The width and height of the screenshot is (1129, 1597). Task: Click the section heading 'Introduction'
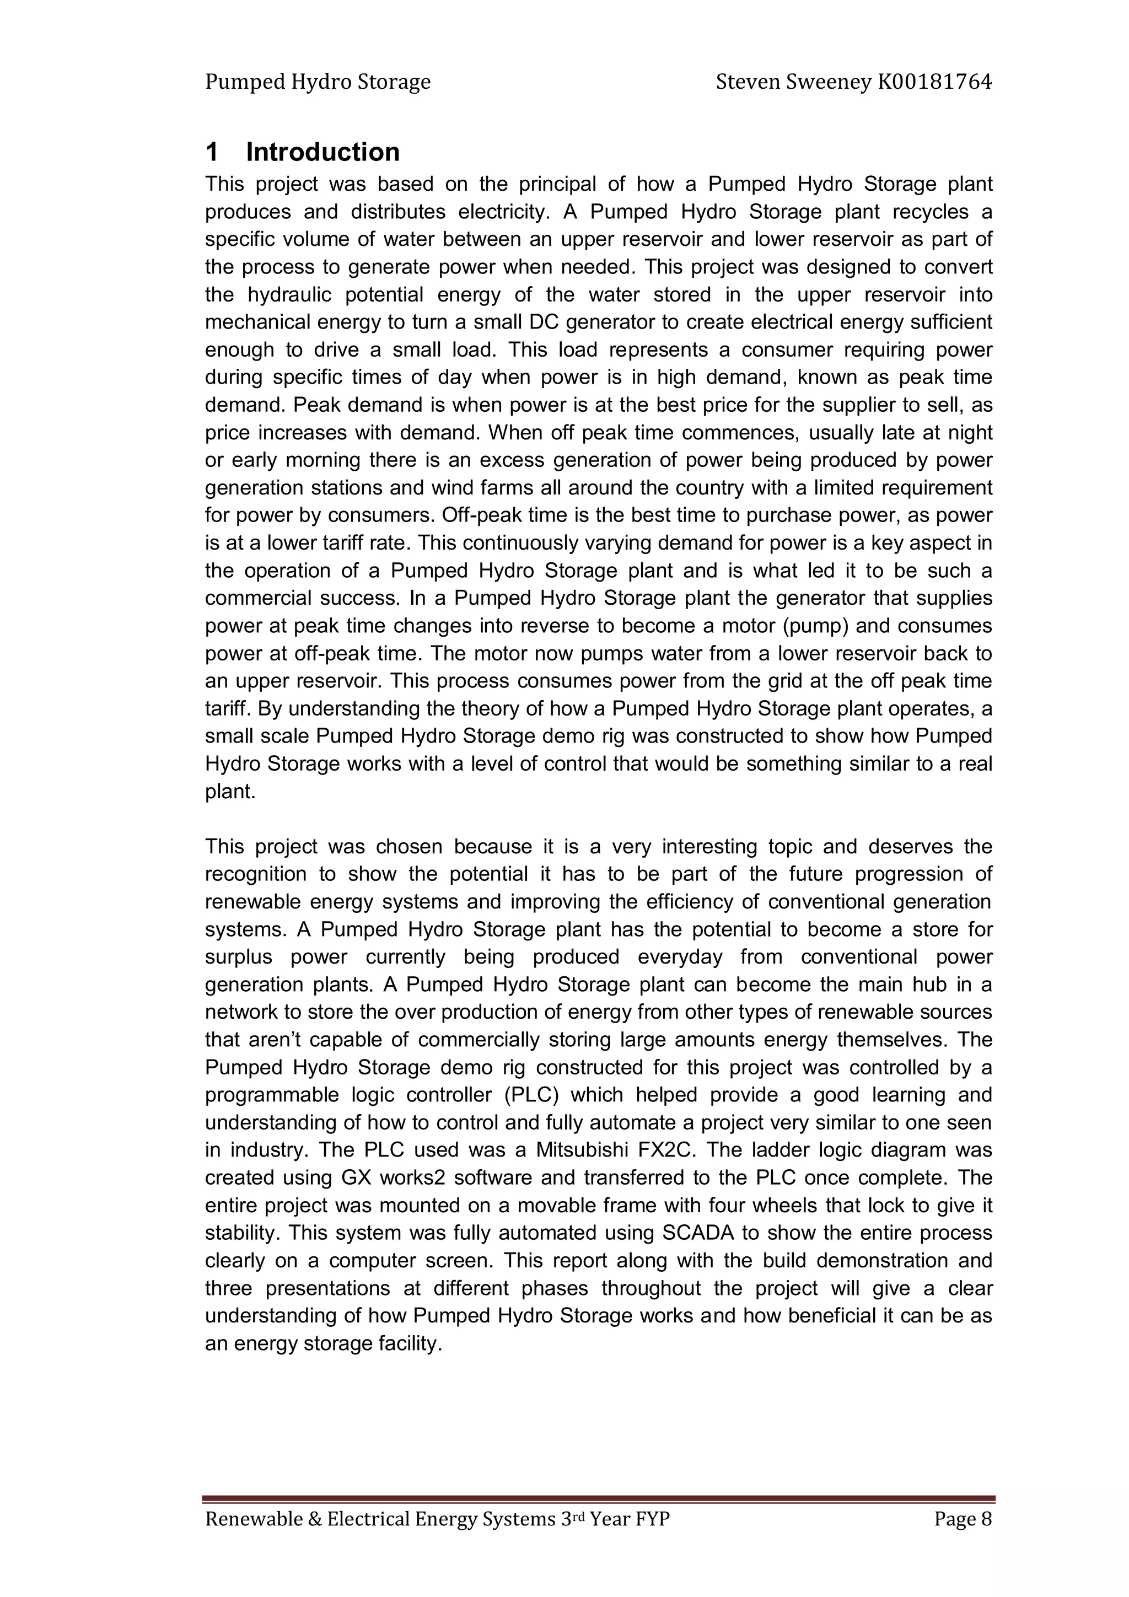tap(323, 152)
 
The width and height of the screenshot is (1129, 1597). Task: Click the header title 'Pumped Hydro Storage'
tap(318, 83)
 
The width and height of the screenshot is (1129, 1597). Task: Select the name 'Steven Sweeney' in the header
tap(793, 83)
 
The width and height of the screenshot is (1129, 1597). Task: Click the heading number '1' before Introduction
tap(213, 152)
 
